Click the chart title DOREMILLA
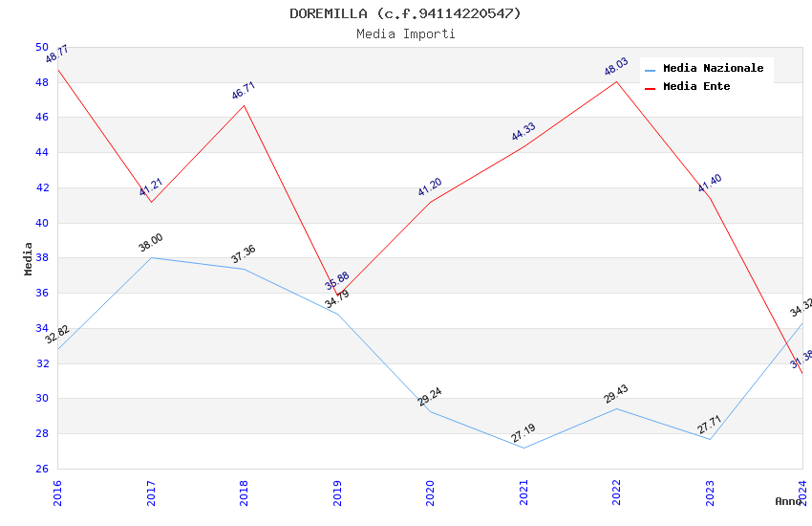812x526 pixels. click(406, 13)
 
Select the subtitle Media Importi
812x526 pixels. click(406, 34)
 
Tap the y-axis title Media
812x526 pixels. click(29, 258)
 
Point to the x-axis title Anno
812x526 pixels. click(788, 501)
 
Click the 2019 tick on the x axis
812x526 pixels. click(337, 493)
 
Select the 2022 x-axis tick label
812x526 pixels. click(617, 493)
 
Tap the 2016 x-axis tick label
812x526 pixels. click(57, 493)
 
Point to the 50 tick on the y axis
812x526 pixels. click(42, 47)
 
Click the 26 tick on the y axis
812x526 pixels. click(42, 469)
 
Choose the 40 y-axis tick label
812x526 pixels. click(42, 223)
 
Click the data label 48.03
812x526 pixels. click(616, 67)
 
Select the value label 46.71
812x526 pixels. click(244, 91)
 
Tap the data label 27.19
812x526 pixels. click(523, 434)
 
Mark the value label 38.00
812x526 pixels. click(150, 244)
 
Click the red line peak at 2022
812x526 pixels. click(617, 81)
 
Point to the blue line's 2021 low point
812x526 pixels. click(524, 448)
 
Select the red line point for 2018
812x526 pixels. click(244, 105)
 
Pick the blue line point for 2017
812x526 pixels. click(151, 258)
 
